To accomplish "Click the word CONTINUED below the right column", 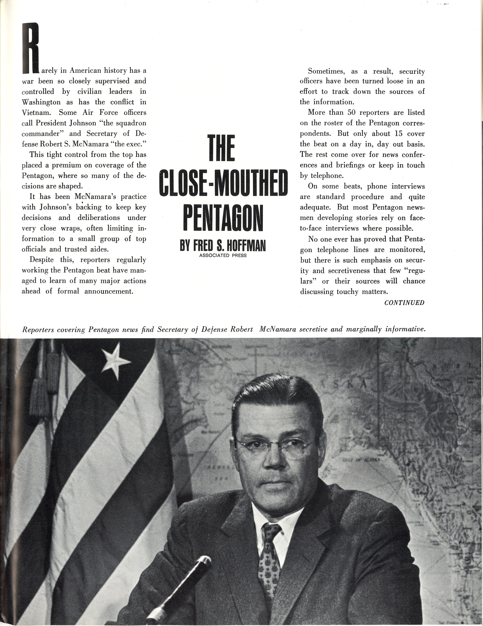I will pos(404,303).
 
